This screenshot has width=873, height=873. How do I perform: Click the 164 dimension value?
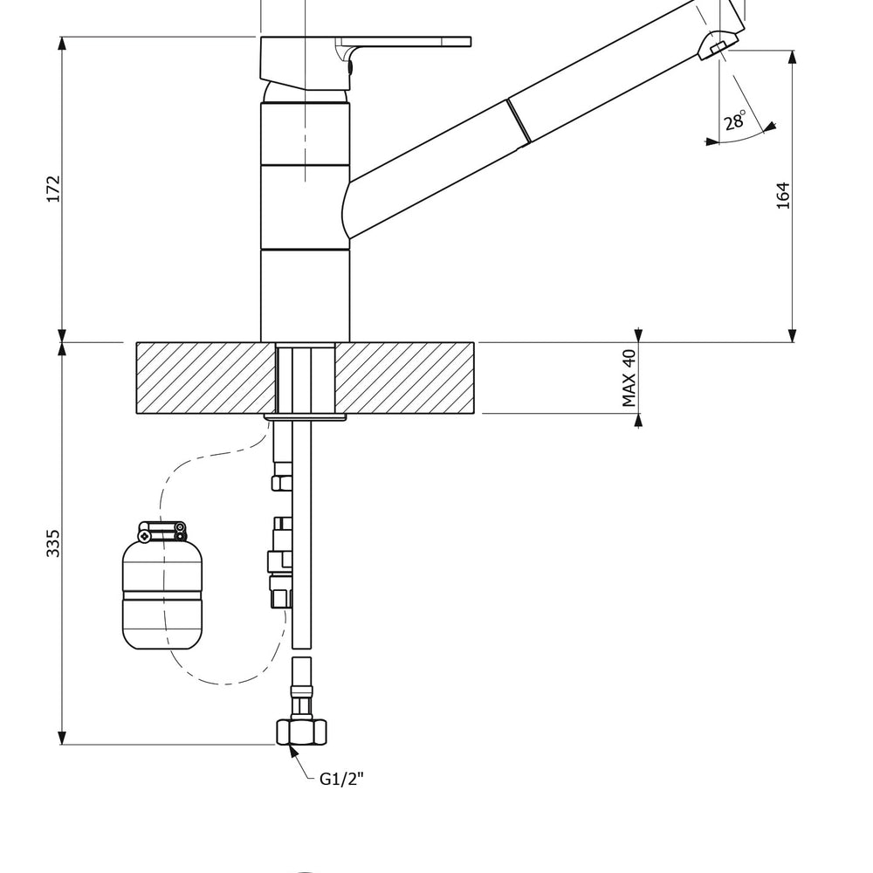(x=783, y=195)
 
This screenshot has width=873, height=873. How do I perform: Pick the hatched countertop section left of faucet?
(x=204, y=377)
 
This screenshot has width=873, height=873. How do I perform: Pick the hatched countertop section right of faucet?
(x=405, y=377)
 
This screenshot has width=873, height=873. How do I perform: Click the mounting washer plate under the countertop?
(x=306, y=416)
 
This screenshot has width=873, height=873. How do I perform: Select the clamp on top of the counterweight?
(x=162, y=529)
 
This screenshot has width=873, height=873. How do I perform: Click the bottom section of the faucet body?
(x=305, y=294)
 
